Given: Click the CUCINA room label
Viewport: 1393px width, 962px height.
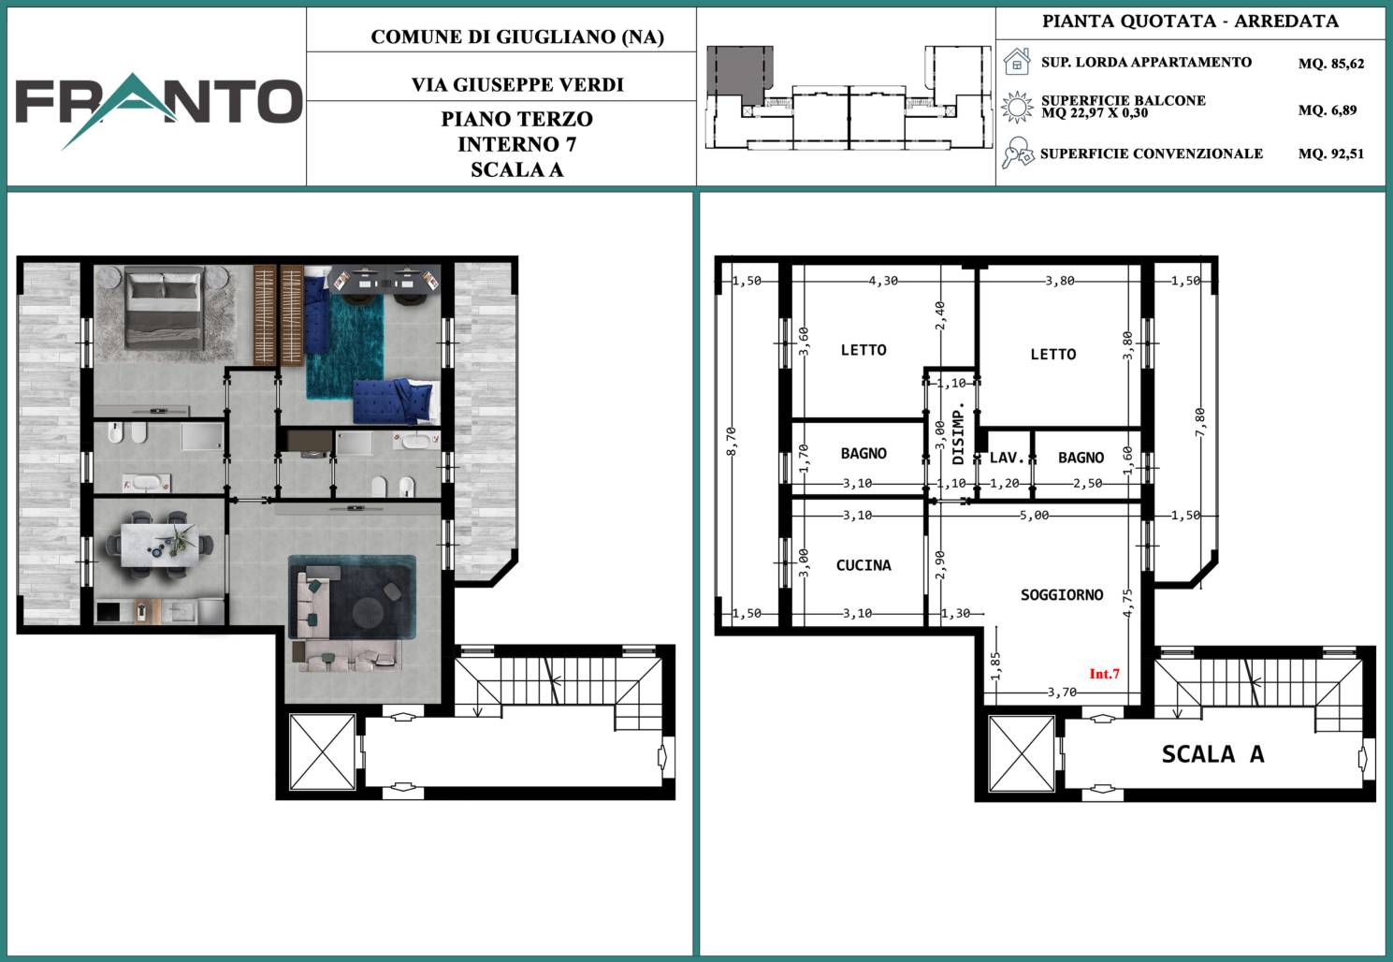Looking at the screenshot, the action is (863, 565).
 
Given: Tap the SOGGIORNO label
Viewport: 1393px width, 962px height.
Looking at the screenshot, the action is (1062, 595).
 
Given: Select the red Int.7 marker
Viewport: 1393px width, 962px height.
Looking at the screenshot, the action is (1105, 673).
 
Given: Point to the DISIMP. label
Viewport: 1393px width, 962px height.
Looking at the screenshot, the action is (958, 433).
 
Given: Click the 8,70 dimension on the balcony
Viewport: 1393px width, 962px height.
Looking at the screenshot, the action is (732, 441).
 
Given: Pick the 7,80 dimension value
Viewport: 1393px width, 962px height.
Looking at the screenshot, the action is (1200, 422).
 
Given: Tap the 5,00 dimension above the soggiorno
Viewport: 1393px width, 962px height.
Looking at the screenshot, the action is (1034, 516).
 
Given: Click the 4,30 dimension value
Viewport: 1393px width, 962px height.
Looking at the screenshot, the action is (884, 281).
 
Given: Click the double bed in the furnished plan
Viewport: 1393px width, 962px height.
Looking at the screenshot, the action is (165, 307).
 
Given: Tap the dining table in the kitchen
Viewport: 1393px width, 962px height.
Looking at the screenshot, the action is (161, 545).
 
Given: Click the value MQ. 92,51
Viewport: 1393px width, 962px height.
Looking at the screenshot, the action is (1331, 153).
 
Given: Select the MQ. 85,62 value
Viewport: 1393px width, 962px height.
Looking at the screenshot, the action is (1331, 64).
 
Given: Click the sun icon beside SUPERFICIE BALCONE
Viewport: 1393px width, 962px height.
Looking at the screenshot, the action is (1017, 107).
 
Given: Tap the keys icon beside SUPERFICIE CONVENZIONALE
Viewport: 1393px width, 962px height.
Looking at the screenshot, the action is (1017, 153).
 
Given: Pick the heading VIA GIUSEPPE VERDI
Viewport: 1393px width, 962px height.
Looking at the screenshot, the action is (517, 84).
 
